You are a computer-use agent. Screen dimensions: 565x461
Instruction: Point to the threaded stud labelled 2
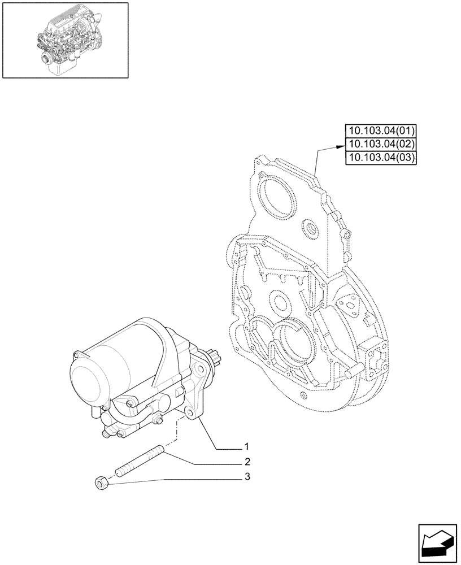[140, 460]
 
